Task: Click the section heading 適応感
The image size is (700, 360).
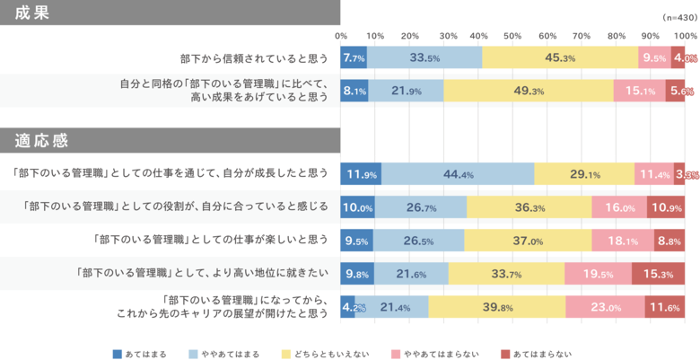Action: tap(42, 141)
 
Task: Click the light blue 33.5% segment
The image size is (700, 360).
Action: tap(424, 57)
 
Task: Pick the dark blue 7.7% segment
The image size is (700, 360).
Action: tap(354, 57)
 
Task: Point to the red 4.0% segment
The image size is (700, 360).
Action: tap(685, 57)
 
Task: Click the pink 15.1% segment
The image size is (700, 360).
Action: tap(640, 91)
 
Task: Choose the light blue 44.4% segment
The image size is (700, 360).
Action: tap(458, 173)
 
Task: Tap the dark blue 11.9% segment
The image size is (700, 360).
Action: tap(361, 173)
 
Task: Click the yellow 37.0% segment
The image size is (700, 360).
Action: tap(528, 241)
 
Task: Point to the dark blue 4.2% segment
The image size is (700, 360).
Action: tap(348, 308)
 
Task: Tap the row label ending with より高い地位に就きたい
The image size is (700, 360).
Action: tap(204, 275)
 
